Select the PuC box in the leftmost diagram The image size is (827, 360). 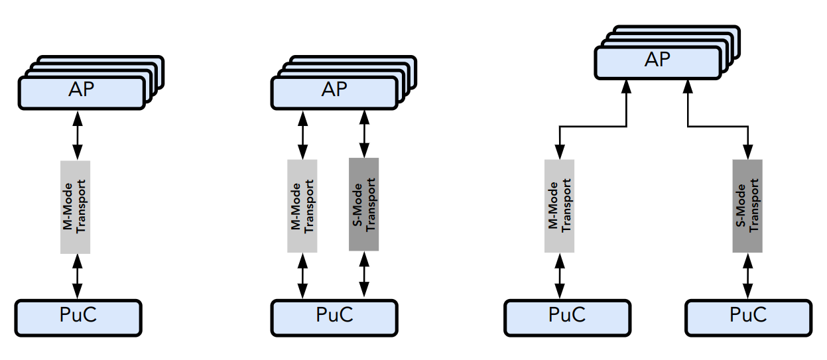coord(78,318)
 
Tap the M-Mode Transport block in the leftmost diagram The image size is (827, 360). coord(75,206)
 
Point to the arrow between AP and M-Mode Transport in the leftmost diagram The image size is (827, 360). coord(78,135)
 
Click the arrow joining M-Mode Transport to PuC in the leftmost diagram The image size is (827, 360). coord(78,276)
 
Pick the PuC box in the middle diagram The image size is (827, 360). coord(334,318)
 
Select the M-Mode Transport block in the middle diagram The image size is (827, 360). coord(302,205)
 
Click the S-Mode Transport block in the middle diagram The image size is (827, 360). coord(363,204)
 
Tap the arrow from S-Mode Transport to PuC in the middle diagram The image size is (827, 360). coord(363,275)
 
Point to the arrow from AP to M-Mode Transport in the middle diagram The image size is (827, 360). coord(303,134)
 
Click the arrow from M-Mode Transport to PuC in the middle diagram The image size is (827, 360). coord(303,276)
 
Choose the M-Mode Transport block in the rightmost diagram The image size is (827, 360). coord(559,206)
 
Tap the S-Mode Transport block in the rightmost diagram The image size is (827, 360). coord(747,206)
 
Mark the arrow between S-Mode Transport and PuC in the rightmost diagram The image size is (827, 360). coord(748,276)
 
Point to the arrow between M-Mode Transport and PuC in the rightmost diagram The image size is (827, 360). coord(560,276)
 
